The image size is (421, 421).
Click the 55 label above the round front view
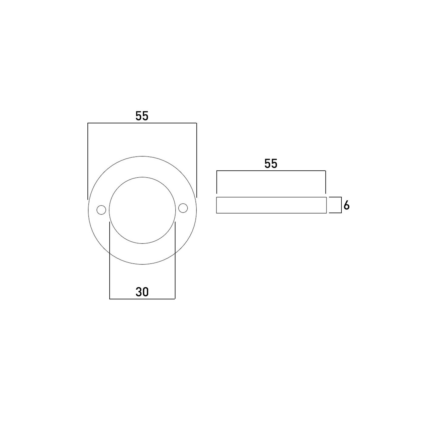click(x=142, y=116)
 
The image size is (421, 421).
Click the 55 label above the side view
click(x=271, y=164)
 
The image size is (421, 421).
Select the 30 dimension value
click(x=142, y=292)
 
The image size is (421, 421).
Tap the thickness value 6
click(x=347, y=205)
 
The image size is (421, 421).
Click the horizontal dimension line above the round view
click(x=142, y=123)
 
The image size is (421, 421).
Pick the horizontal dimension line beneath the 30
click(x=142, y=299)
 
